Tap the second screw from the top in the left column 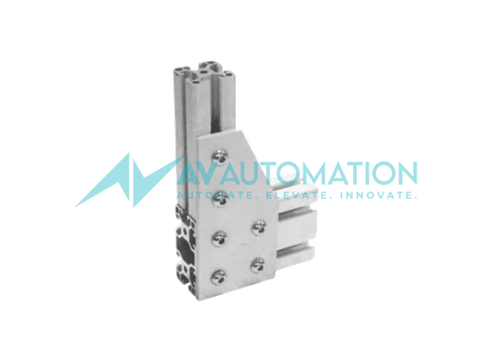(x=220, y=198)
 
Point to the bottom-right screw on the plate (x=258, y=265)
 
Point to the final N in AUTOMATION (x=403, y=174)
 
